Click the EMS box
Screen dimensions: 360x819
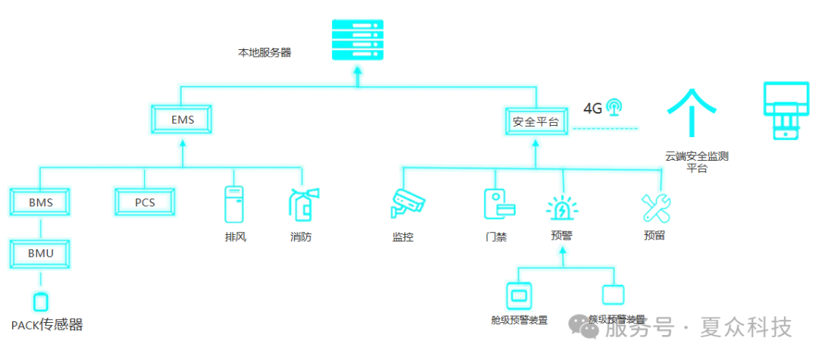point(182,120)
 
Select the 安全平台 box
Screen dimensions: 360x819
point(536,121)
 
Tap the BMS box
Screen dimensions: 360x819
point(40,202)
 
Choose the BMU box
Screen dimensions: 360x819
point(40,252)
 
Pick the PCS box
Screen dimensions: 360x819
point(145,202)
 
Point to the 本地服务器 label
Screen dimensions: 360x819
point(265,53)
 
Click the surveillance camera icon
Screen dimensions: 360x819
point(408,203)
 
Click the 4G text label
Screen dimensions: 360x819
point(592,108)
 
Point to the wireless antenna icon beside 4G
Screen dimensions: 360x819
point(614,107)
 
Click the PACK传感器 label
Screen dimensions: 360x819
point(47,325)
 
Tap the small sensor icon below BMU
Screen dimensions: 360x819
point(41,301)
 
